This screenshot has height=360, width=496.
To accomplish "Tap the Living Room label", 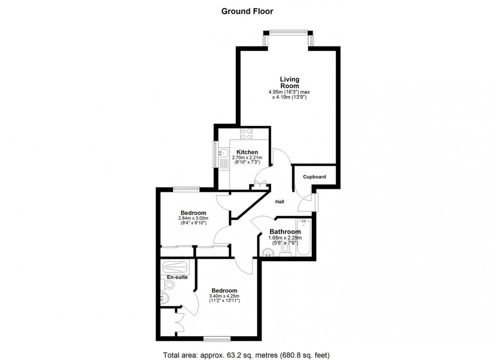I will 290,82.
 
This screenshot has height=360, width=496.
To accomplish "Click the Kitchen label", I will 246,152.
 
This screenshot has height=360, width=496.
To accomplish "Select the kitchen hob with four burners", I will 246,134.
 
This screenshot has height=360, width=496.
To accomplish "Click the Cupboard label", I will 314,177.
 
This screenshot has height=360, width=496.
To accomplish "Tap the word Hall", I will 279,202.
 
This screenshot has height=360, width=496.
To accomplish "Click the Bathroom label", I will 284,232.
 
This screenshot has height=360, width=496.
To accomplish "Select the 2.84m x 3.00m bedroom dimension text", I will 193,218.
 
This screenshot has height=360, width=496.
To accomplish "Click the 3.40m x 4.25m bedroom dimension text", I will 224,296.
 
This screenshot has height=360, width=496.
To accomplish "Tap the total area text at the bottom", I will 247,354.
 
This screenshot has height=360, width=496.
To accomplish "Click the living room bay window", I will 288,32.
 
